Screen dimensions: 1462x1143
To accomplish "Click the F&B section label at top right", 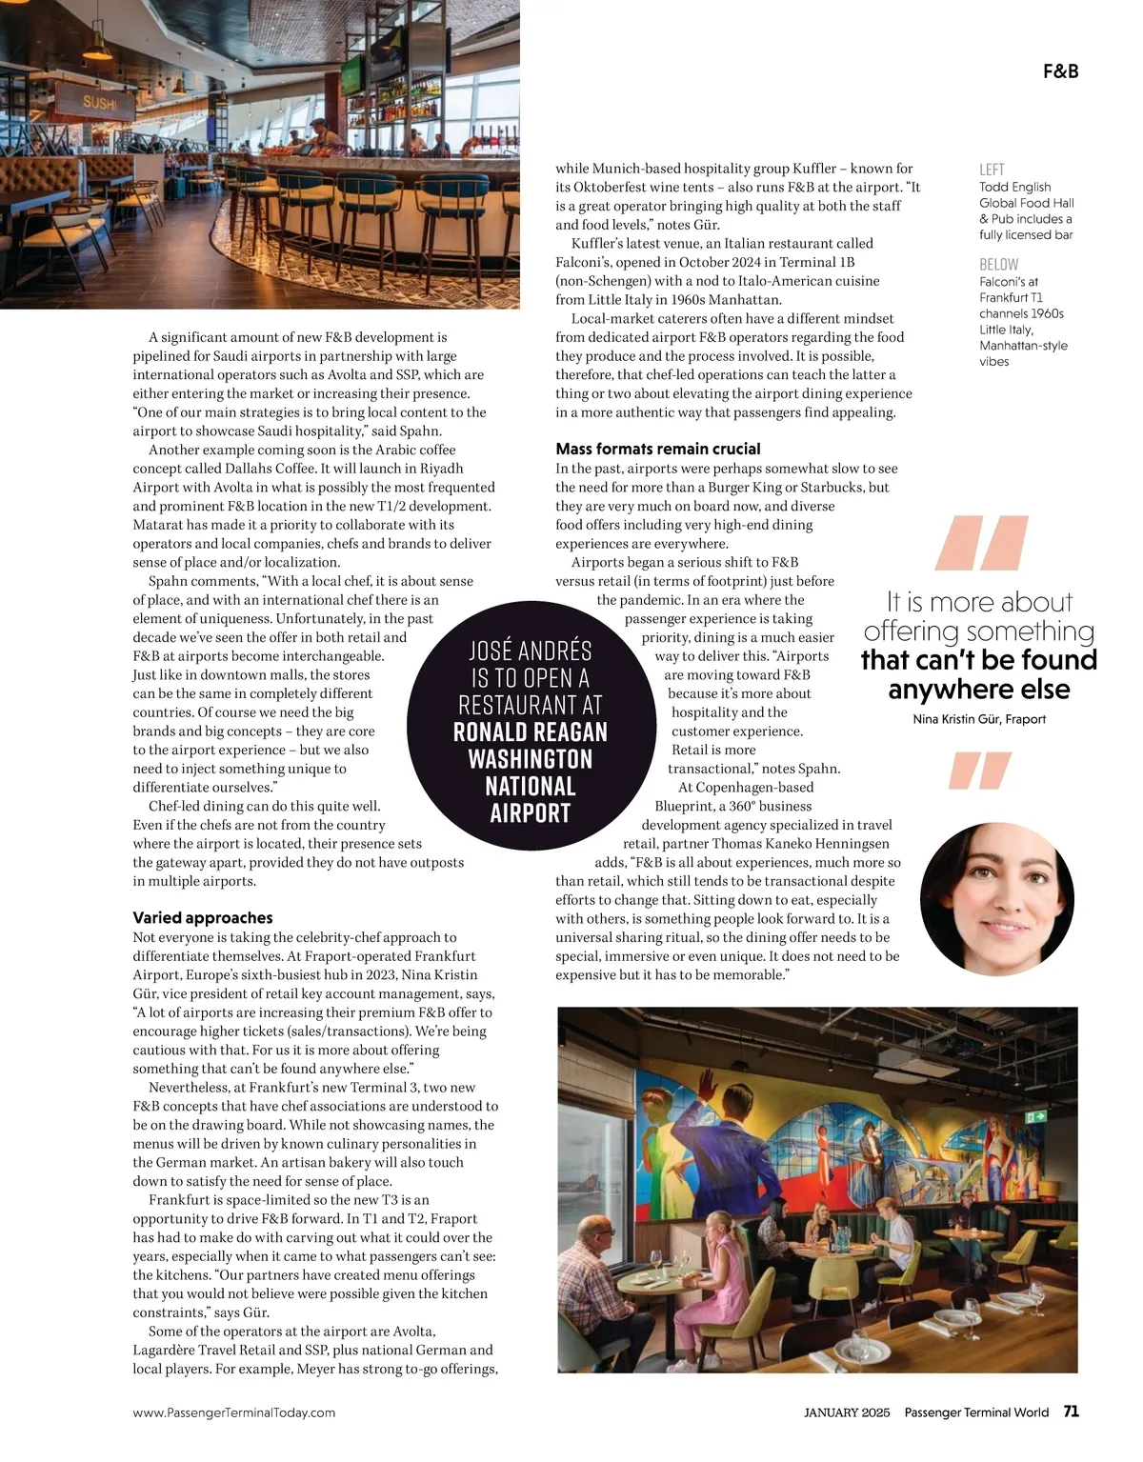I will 1060,71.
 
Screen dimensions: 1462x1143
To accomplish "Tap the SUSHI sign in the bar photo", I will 99,103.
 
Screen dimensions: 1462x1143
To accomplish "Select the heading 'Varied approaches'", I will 203,917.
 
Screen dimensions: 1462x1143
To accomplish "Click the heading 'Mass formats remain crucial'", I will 658,449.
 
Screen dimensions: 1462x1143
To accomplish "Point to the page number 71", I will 1071,1412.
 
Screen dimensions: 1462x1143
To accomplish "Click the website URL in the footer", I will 234,1412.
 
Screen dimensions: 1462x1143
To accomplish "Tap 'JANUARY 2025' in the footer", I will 847,1412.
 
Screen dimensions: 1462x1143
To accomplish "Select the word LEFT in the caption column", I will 992,170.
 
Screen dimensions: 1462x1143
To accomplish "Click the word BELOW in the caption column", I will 998,264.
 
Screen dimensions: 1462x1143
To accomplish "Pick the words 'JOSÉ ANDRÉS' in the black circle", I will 531,651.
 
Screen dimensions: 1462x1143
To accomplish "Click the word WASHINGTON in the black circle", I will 531,759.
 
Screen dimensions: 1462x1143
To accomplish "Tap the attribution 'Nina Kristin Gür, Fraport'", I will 979,719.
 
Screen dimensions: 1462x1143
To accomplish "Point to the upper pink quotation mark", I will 982,542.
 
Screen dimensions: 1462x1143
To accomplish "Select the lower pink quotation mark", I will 979,771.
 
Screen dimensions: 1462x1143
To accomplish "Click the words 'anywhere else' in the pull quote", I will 979,689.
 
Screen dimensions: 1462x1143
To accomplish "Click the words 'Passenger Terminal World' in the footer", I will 976,1412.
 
